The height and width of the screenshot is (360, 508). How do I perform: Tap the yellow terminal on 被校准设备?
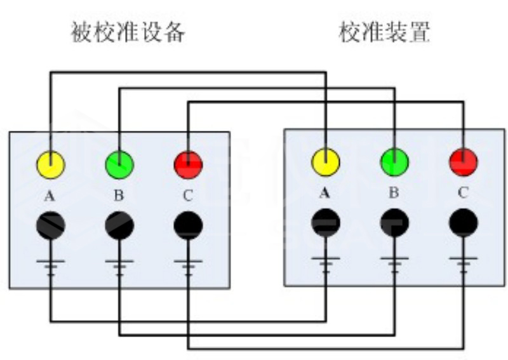pos(50,165)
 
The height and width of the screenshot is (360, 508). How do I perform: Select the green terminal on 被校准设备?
pos(119,164)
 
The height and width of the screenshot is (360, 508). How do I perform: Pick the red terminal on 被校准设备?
pos(188,165)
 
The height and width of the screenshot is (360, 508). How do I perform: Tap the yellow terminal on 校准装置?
pos(325,161)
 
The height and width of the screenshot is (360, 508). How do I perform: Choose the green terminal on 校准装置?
pos(394,161)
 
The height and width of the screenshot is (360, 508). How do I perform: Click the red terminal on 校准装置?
pos(463,161)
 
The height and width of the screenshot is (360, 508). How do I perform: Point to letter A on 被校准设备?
pos(50,196)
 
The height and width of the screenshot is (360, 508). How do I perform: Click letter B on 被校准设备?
pos(119,196)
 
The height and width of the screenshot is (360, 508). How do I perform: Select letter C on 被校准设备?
pos(187,196)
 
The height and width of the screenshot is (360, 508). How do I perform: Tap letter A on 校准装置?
pos(325,191)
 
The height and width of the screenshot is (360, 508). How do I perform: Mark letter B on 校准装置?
pos(394,191)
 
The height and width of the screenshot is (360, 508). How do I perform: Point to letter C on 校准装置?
pos(462,191)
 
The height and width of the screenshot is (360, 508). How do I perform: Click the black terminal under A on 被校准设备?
pos(50,225)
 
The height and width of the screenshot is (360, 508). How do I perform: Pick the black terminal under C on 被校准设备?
pos(188,225)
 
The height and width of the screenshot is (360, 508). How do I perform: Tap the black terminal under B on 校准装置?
pos(394,222)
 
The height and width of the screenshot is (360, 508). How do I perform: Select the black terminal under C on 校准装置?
pos(463,222)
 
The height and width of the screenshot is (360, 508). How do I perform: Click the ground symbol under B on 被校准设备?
pos(119,264)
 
